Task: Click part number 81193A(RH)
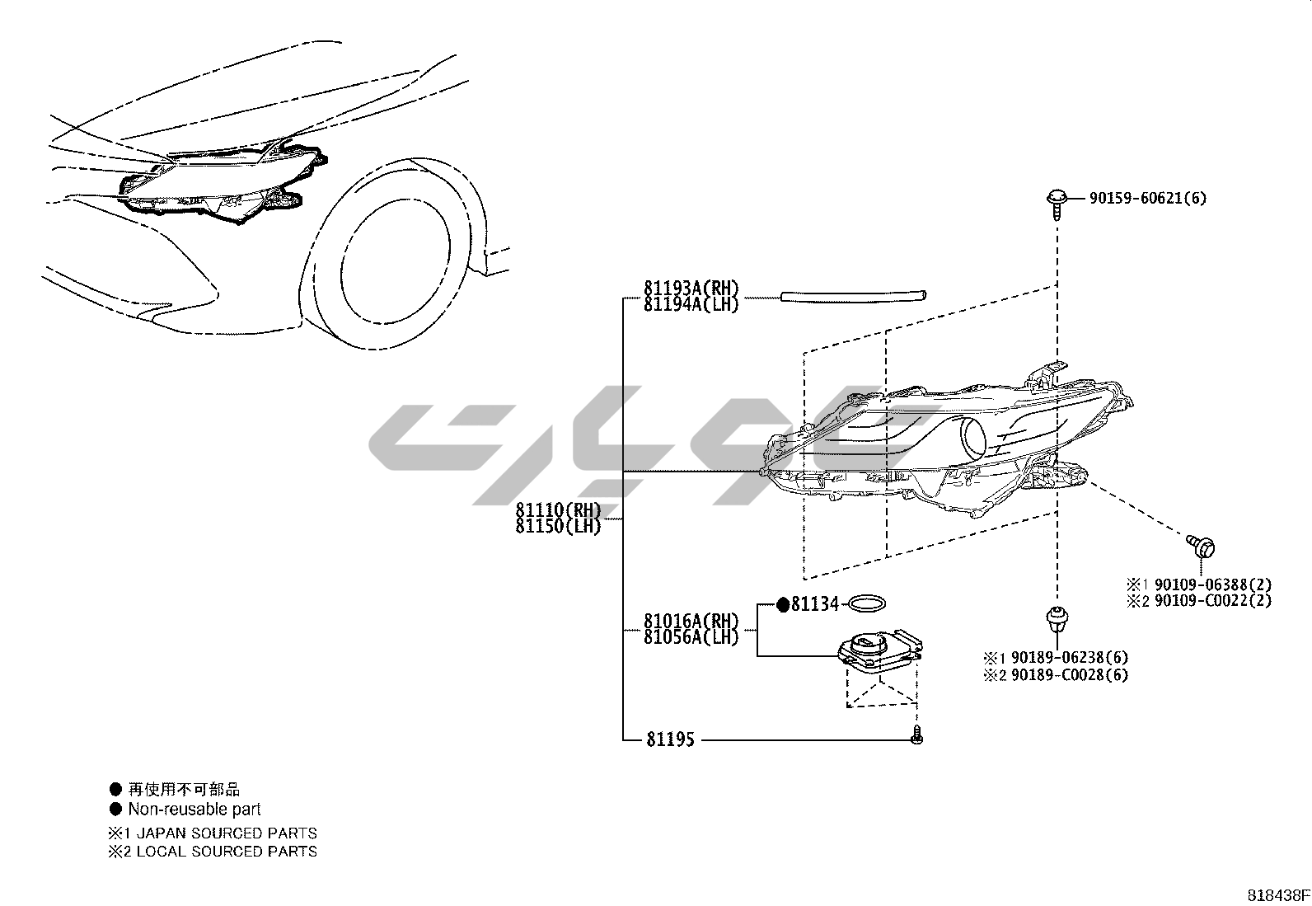691,289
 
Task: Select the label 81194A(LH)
691,303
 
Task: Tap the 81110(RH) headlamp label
559,509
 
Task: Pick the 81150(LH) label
559,525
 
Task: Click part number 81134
814,605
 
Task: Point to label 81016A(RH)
691,621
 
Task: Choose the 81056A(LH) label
691,636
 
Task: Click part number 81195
670,740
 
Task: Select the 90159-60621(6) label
1148,198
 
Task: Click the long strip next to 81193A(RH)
854,294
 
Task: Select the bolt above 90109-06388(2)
1204,545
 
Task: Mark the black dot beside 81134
783,605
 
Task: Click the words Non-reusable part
194,810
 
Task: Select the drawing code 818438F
1277,895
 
